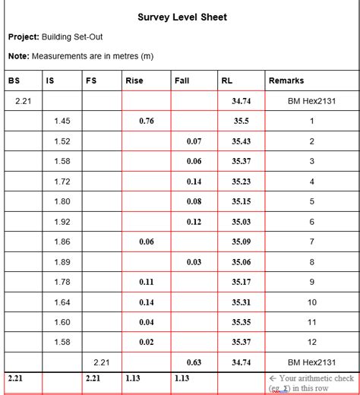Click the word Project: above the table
pyautogui.click(x=24, y=36)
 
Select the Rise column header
pyautogui.click(x=134, y=81)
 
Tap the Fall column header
pyautogui.click(x=182, y=81)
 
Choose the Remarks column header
pyautogui.click(x=286, y=81)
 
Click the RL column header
pyautogui.click(x=227, y=81)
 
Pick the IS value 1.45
pyautogui.click(x=62, y=121)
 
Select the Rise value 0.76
pyautogui.click(x=147, y=121)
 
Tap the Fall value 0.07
pyautogui.click(x=194, y=141)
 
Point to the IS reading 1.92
pyautogui.click(x=62, y=222)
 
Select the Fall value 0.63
pyautogui.click(x=194, y=362)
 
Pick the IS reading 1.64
pyautogui.click(x=62, y=302)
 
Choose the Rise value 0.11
pyautogui.click(x=147, y=282)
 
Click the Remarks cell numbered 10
pyautogui.click(x=311, y=302)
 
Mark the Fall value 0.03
pyautogui.click(x=194, y=262)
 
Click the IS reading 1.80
pyautogui.click(x=62, y=201)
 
